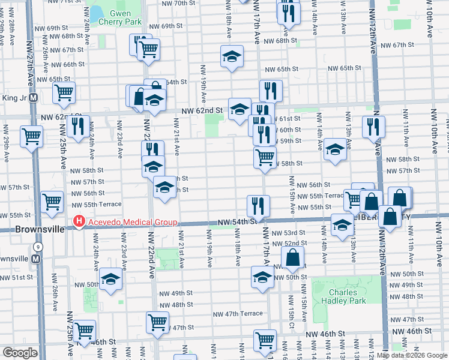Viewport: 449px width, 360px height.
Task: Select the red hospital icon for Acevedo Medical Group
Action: click(x=78, y=223)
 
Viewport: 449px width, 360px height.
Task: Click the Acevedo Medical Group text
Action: click(x=131, y=223)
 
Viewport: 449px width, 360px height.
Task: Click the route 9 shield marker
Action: click(x=38, y=246)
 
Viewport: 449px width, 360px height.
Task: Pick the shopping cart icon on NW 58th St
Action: click(x=265, y=157)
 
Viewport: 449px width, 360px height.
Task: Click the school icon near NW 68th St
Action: click(x=232, y=56)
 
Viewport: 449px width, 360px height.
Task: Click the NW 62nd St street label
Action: click(x=202, y=111)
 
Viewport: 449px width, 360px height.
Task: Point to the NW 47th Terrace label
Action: click(x=238, y=314)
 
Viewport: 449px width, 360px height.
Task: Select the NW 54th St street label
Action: click(x=237, y=222)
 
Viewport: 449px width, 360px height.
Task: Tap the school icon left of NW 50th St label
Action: click(x=262, y=277)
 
